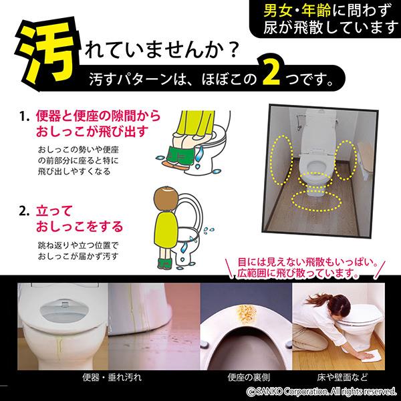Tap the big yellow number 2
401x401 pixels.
(272, 73)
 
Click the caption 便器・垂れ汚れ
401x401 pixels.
(112, 377)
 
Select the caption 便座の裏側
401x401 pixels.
(249, 377)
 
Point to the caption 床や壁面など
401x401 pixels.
(342, 377)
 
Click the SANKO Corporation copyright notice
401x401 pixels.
(321, 391)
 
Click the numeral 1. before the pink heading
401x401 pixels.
(25, 116)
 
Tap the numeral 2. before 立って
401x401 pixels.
(24, 211)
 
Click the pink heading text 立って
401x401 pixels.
(54, 211)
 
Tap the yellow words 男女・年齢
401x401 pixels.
(297, 11)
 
